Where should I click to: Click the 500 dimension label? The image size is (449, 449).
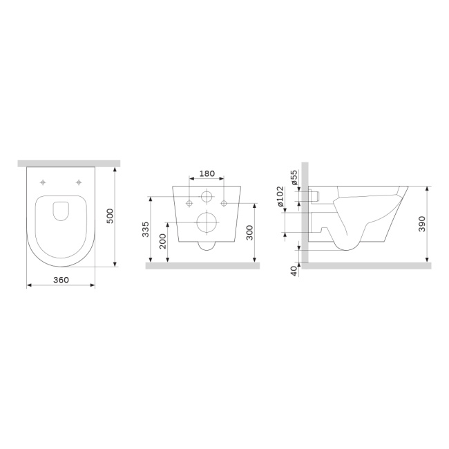pyautogui.click(x=109, y=216)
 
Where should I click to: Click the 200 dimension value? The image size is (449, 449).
pyautogui.click(x=163, y=241)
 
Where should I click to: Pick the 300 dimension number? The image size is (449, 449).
pyautogui.click(x=248, y=233)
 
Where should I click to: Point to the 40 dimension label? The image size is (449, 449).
pyautogui.click(x=294, y=271)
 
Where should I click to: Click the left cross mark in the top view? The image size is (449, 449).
pyautogui.click(x=44, y=182)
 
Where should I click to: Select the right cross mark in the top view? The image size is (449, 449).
pyautogui.click(x=79, y=182)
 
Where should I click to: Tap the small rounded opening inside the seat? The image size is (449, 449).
pyautogui.click(x=61, y=211)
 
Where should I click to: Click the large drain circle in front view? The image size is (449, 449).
pyautogui.click(x=206, y=222)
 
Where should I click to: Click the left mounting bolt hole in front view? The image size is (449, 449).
pyautogui.click(x=189, y=203)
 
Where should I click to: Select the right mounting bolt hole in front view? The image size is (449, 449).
pyautogui.click(x=223, y=203)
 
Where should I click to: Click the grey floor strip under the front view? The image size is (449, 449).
pyautogui.click(x=202, y=265)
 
